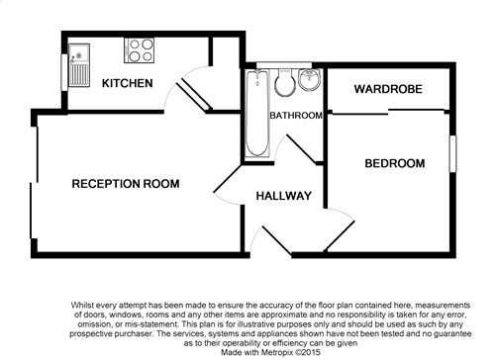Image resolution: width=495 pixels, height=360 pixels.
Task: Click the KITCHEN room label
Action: (x=128, y=83)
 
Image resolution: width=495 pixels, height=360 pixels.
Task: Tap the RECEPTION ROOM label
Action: (x=126, y=184)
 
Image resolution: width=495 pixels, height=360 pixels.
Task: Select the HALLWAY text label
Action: (x=284, y=196)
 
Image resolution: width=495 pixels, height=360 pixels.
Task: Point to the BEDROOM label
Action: (x=395, y=163)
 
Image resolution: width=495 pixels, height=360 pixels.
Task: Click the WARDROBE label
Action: (x=388, y=89)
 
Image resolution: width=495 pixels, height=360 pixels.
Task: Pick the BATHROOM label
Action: (x=296, y=116)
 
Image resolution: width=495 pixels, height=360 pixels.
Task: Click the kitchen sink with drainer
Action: (x=79, y=65)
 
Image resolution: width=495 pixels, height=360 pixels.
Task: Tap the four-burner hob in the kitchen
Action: (x=139, y=50)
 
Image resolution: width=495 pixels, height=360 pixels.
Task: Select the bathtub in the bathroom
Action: (x=257, y=113)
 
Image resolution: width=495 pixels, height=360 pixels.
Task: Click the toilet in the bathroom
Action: (x=284, y=82)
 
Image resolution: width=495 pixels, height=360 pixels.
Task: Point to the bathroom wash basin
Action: (x=309, y=79)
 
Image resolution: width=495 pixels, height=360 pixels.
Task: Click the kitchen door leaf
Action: (x=194, y=96)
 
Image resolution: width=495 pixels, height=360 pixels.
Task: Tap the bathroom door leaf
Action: (x=302, y=149)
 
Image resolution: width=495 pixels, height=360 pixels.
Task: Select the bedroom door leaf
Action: (x=340, y=235)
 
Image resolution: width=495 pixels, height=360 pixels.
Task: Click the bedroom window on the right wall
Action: (x=452, y=153)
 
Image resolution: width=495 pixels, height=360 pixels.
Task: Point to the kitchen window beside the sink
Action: (x=64, y=72)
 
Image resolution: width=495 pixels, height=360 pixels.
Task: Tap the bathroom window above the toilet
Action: (x=284, y=65)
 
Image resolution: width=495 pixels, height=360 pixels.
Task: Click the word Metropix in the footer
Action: (x=277, y=352)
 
